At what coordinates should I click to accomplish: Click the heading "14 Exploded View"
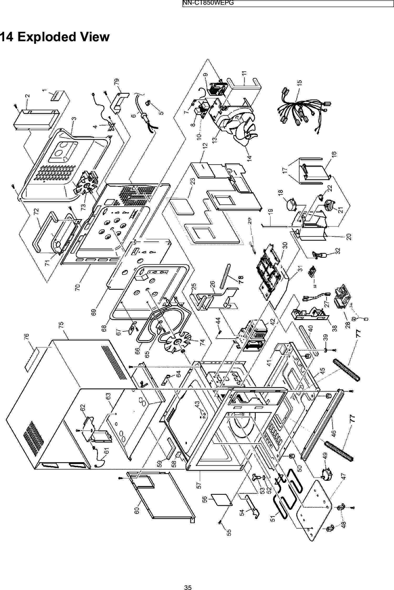[55, 37]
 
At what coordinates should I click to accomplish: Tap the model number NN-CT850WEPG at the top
[208, 3]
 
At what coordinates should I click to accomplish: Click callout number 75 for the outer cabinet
[61, 325]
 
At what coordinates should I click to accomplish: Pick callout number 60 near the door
[136, 510]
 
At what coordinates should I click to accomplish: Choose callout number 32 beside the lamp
[338, 250]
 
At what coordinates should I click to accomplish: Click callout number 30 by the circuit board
[285, 245]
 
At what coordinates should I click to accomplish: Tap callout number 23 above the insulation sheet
[193, 181]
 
